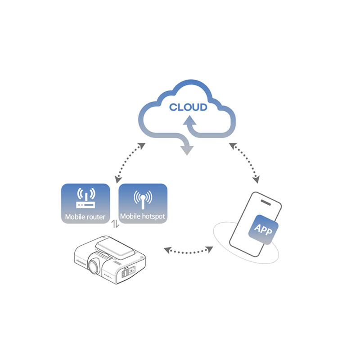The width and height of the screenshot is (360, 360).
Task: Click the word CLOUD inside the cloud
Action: (x=188, y=107)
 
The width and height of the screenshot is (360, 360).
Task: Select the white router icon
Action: (x=85, y=198)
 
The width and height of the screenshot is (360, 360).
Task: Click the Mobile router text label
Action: (x=85, y=216)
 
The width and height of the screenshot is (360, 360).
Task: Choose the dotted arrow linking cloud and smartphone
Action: (x=244, y=162)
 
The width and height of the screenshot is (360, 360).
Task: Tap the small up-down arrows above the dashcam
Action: (x=115, y=224)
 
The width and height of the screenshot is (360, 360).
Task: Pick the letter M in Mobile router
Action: (x=68, y=216)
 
